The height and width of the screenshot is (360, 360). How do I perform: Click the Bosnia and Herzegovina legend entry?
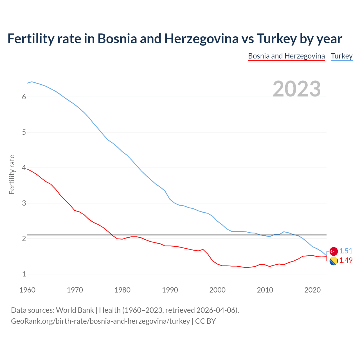pyautogui.click(x=286, y=56)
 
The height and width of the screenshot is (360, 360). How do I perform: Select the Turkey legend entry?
pyautogui.click(x=341, y=56)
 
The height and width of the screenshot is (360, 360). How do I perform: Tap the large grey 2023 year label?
pyautogui.click(x=296, y=89)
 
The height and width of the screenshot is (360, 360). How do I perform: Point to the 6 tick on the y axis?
pyautogui.click(x=24, y=97)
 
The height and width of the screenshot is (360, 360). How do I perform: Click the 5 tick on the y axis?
pyautogui.click(x=24, y=132)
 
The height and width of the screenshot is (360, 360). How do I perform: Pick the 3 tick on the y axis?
pyautogui.click(x=24, y=203)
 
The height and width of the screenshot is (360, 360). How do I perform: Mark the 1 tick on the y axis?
pyautogui.click(x=24, y=274)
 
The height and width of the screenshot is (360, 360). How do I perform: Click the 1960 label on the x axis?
pyautogui.click(x=27, y=290)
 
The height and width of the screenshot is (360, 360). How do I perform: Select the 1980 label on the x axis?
pyautogui.click(x=122, y=290)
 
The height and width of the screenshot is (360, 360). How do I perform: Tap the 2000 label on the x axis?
pyautogui.click(x=217, y=290)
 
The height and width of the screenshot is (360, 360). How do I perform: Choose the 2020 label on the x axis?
pyautogui.click(x=312, y=290)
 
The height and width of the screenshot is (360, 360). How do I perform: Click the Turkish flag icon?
pyautogui.click(x=333, y=251)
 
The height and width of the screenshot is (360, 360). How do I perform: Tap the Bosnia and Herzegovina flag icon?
pyautogui.click(x=333, y=261)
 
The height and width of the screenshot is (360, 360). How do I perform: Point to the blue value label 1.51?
pyautogui.click(x=346, y=251)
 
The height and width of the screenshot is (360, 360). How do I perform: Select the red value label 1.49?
pyautogui.click(x=346, y=260)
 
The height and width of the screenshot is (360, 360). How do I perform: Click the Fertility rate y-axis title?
pyautogui.click(x=12, y=174)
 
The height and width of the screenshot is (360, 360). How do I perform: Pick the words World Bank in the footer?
pyautogui.click(x=75, y=310)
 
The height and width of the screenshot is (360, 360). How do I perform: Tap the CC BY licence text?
pyautogui.click(x=205, y=321)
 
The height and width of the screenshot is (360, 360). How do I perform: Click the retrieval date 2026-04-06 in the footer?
pyautogui.click(x=216, y=310)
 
